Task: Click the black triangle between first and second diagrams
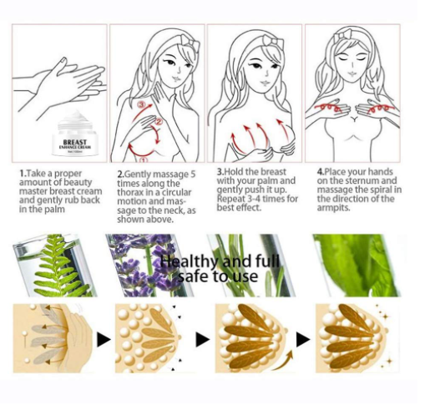click(x=103, y=340)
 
